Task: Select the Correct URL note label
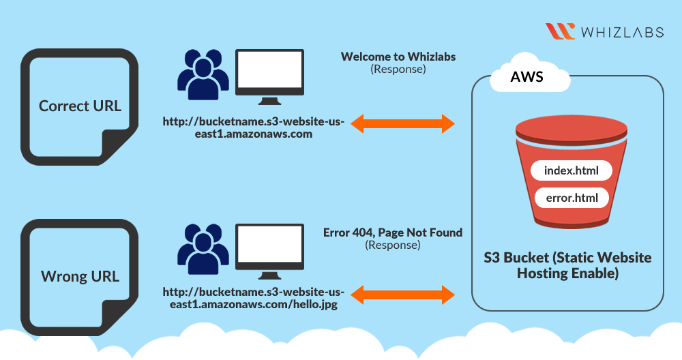[x=80, y=106]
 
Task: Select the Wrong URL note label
[x=80, y=276]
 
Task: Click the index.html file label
[x=572, y=170]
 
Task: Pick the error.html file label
[x=572, y=198]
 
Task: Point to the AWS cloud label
[x=527, y=76]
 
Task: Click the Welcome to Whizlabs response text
[x=398, y=57]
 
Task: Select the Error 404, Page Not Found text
[x=393, y=232]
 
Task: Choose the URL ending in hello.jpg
[x=254, y=298]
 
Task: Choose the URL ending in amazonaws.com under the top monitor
[x=254, y=127]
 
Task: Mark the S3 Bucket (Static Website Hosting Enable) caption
[x=567, y=265]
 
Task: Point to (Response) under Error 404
[x=393, y=244]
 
